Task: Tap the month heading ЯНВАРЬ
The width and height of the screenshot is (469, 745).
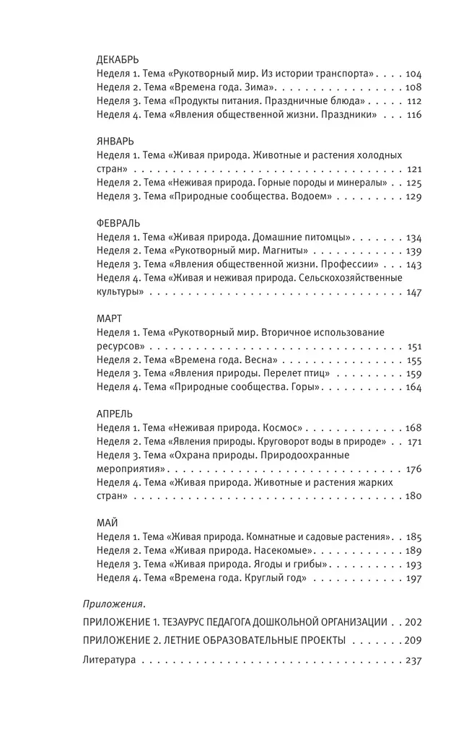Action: [114, 141]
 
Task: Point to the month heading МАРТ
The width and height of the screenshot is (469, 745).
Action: [111, 318]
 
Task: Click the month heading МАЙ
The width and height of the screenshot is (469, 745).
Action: [108, 523]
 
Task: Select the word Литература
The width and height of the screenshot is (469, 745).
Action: [110, 660]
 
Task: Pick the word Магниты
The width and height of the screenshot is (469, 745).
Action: [287, 250]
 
